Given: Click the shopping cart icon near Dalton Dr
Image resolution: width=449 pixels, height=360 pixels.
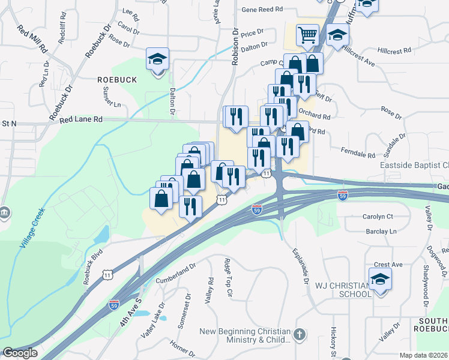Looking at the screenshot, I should point(307,35).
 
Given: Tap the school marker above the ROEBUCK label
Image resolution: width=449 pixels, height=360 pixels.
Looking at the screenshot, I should point(158,59).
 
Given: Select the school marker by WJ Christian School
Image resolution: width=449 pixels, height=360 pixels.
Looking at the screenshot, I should point(380,280).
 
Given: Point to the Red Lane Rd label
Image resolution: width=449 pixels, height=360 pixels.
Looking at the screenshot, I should point(81,120).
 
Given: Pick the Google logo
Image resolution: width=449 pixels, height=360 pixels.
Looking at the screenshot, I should point(20,353).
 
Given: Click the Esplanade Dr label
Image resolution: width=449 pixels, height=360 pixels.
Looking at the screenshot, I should point(300,266).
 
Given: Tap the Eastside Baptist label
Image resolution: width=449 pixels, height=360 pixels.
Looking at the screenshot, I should point(414,165).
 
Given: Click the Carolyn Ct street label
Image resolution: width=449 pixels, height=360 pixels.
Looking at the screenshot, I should point(377,216).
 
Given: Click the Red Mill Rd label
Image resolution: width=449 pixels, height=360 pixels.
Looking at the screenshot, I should point(32,40).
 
